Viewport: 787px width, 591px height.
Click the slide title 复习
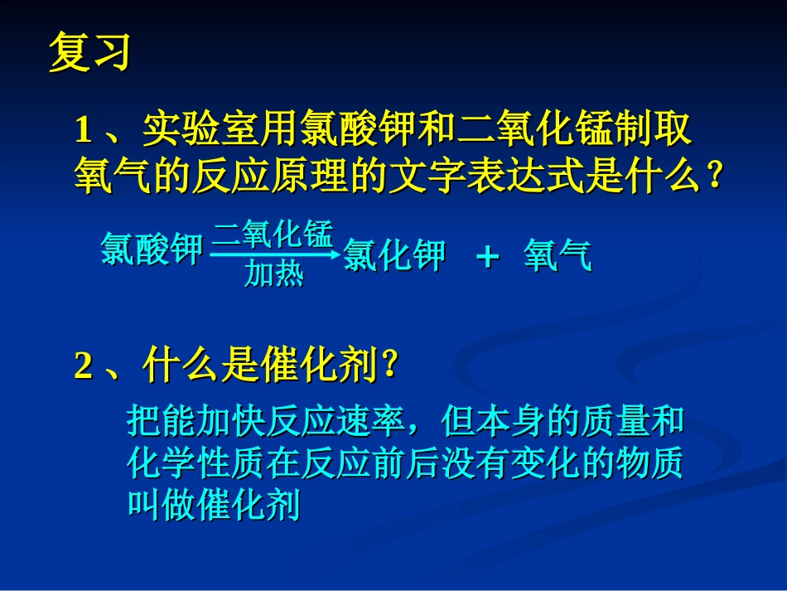(89, 52)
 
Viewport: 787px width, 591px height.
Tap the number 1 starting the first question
(82, 130)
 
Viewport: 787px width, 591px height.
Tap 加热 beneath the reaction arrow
(273, 274)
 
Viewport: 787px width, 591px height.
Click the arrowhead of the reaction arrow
(335, 255)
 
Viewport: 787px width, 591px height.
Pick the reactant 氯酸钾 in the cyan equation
(151, 249)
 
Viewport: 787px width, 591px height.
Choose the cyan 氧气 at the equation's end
(558, 257)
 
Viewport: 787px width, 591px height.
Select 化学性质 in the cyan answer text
(197, 465)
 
